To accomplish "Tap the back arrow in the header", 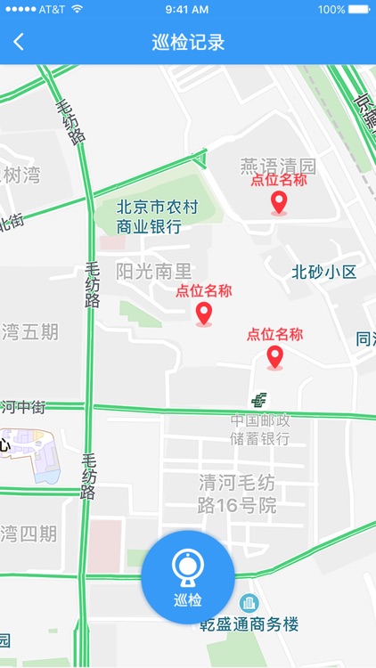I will pyautogui.click(x=19, y=42).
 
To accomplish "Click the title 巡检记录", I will pyautogui.click(x=188, y=42).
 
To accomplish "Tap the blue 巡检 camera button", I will pyautogui.click(x=188, y=576).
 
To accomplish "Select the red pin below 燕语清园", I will pyautogui.click(x=279, y=204).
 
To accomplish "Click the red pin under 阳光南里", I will pyautogui.click(x=204, y=314).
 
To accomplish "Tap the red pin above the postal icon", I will pyautogui.click(x=274, y=357).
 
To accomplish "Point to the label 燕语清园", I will pyautogui.click(x=278, y=166).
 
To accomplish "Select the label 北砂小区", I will pyautogui.click(x=323, y=272).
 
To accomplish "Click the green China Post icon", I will pyautogui.click(x=258, y=400).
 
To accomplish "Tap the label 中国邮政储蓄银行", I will pyautogui.click(x=260, y=429).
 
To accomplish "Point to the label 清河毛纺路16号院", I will pyautogui.click(x=237, y=494).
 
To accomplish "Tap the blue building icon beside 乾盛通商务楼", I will pyautogui.click(x=249, y=604).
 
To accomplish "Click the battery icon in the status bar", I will pyautogui.click(x=359, y=9).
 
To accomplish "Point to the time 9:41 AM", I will pyautogui.click(x=187, y=9).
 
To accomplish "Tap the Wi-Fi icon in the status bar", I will pyautogui.click(x=77, y=9).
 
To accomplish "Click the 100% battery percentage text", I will pyautogui.click(x=331, y=9).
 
